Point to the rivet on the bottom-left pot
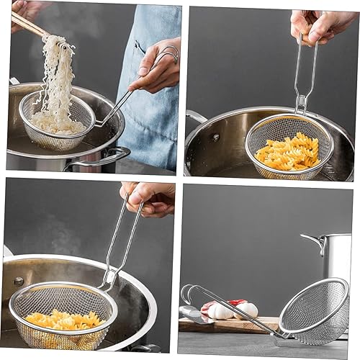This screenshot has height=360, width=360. (19, 281)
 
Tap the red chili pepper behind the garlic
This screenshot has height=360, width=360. (237, 302)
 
